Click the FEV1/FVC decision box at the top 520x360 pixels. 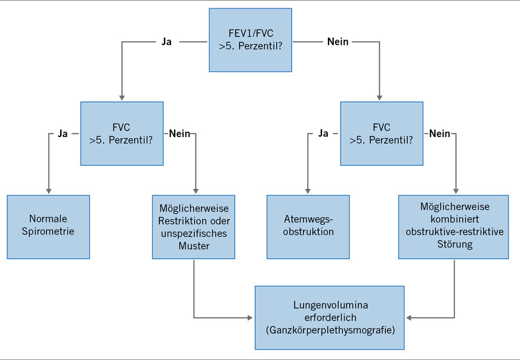point(250,40)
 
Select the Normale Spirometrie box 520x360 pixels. point(48,226)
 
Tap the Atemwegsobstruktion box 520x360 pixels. point(307,226)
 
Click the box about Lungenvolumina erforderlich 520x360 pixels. point(329,318)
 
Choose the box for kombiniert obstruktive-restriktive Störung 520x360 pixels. point(454,226)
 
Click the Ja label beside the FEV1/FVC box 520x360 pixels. point(166,42)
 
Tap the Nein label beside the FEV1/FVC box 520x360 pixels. point(338,42)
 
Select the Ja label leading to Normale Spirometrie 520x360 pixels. point(63,134)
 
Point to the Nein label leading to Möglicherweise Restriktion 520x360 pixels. point(179,134)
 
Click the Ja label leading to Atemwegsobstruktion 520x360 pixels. point(323,134)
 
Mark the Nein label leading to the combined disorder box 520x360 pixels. point(439,134)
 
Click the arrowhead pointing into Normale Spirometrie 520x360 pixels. point(48,190)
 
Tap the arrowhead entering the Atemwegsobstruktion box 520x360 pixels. point(307,190)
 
